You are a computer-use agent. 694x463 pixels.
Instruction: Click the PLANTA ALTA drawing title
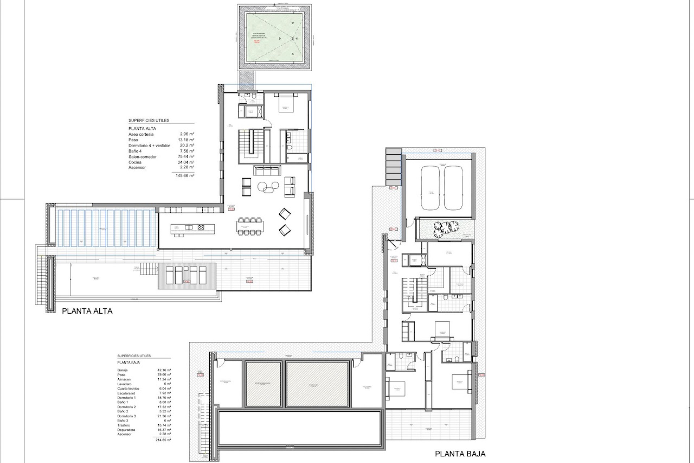(x=87, y=311)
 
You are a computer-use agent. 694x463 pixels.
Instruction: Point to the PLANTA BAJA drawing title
(x=460, y=454)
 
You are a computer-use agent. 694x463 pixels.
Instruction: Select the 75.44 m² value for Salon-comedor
(x=187, y=157)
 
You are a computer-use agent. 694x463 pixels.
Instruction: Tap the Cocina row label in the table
(x=135, y=162)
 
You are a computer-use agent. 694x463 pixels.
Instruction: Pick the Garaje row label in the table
(x=123, y=370)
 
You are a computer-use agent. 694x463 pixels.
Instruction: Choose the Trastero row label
(x=124, y=425)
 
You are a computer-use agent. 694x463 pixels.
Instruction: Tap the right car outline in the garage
(x=453, y=188)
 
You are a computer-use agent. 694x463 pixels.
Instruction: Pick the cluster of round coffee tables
(x=268, y=186)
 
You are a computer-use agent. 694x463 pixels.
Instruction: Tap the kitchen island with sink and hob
(x=192, y=228)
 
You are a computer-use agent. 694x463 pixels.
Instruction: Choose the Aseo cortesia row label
(x=141, y=134)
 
